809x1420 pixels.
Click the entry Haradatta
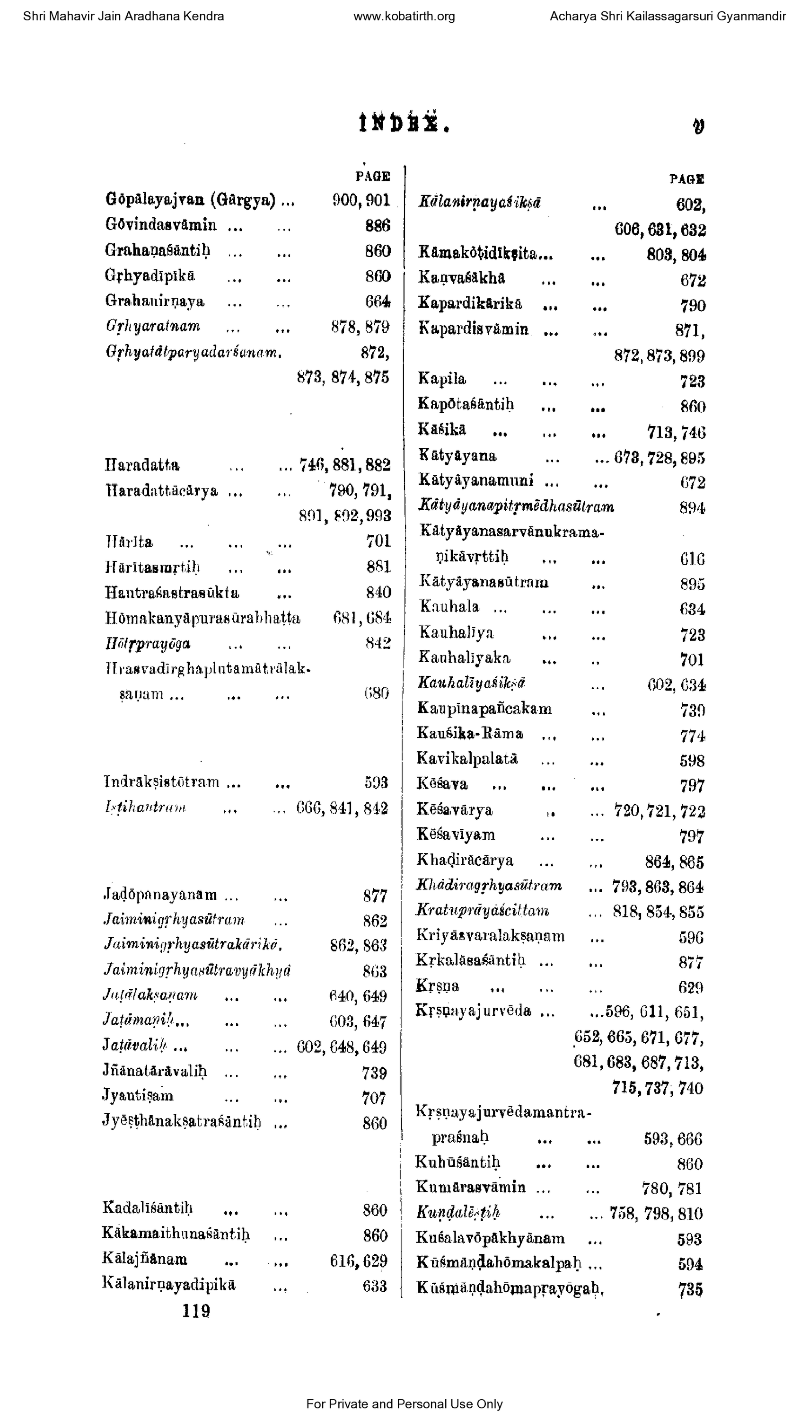coord(142,465)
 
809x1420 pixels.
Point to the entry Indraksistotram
coord(161,782)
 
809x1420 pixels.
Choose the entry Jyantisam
coord(138,1096)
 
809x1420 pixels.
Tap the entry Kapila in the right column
coord(442,380)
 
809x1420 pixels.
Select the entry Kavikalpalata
coord(467,759)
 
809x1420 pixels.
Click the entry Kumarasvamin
coord(471,1188)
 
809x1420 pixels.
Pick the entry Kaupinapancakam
coord(484,709)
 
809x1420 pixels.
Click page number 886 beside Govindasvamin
coord(378,226)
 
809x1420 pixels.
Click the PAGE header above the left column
coord(373,177)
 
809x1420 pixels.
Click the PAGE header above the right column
coord(687,179)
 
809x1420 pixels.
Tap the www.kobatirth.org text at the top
coord(404,17)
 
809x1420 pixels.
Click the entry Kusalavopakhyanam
coord(491,1238)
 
